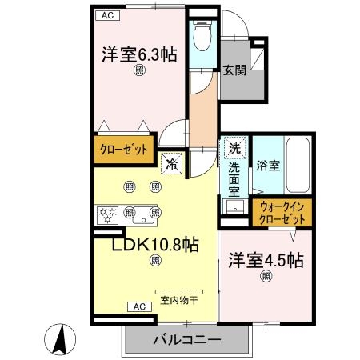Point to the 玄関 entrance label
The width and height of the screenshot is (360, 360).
pyautogui.click(x=234, y=70)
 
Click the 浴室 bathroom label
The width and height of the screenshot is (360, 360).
pyautogui.click(x=268, y=166)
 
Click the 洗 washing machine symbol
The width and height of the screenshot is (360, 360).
pyautogui.click(x=234, y=148)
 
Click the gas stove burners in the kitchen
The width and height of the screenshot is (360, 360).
pyautogui.click(x=106, y=214)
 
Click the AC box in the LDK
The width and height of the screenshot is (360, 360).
pyautogui.click(x=137, y=306)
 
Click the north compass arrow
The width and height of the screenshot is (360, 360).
pyautogui.click(x=59, y=338)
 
